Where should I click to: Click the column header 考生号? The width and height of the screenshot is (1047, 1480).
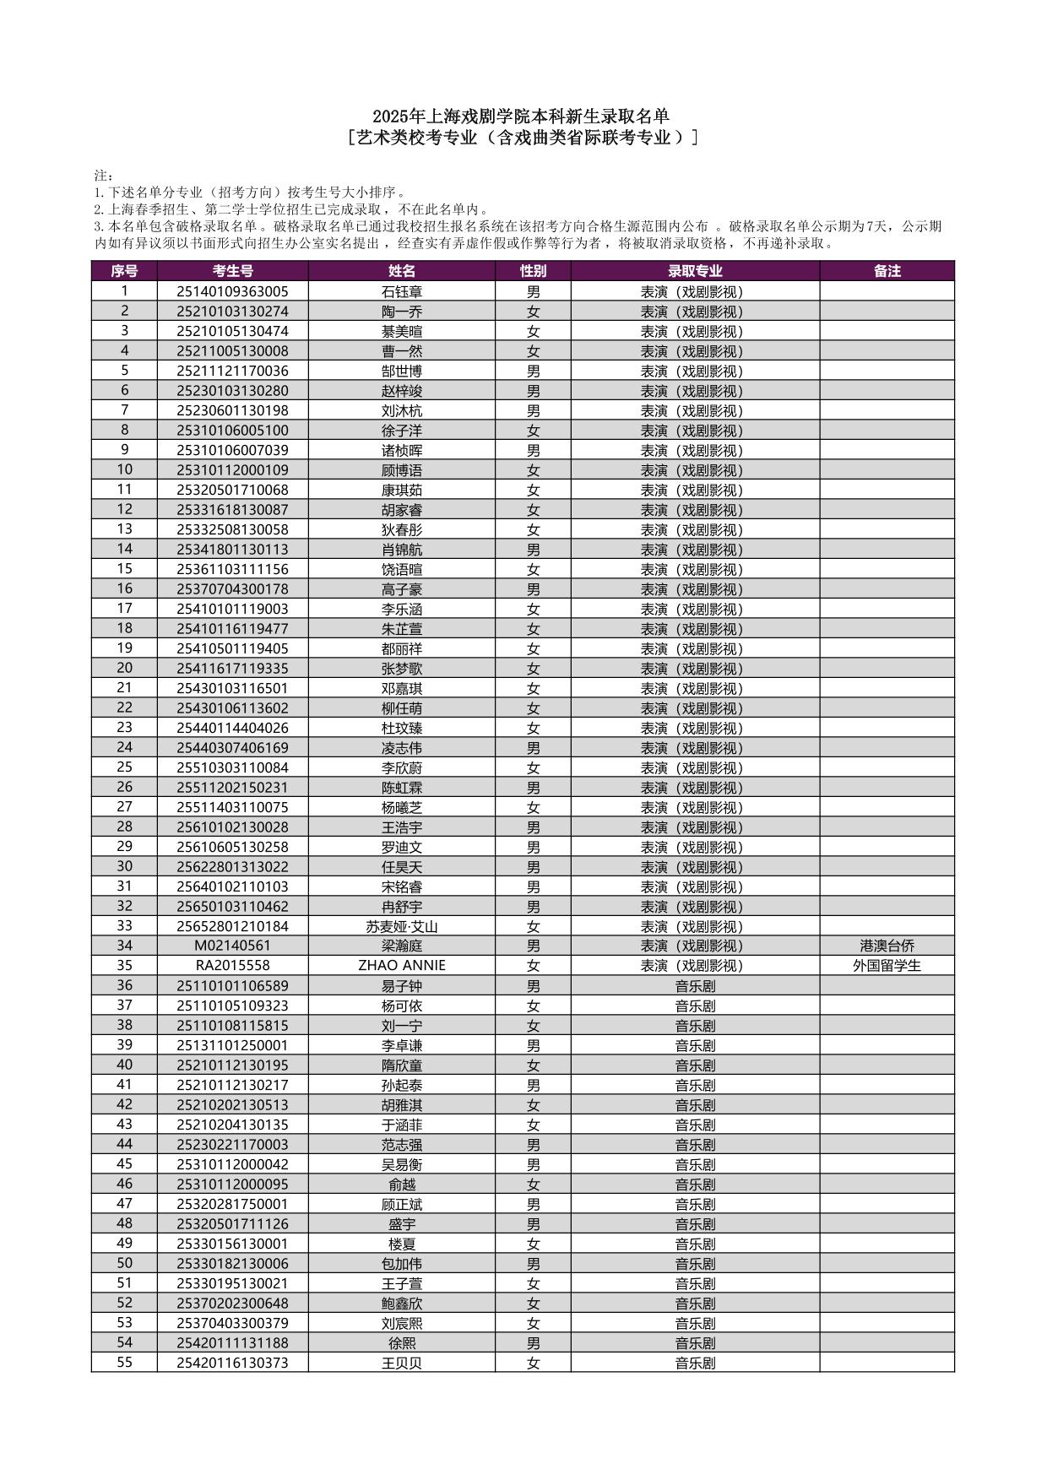pyautogui.click(x=232, y=270)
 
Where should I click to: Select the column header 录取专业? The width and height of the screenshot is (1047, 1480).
pyautogui.click(x=695, y=270)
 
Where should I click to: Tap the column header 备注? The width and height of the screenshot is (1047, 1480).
pyautogui.click(x=887, y=270)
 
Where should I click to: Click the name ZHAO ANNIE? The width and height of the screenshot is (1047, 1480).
pyautogui.click(x=402, y=965)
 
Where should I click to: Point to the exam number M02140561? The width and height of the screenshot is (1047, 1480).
pyautogui.click(x=232, y=946)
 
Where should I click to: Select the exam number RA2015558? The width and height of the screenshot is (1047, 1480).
pyautogui.click(x=232, y=965)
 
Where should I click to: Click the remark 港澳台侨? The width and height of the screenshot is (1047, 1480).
pyautogui.click(x=887, y=946)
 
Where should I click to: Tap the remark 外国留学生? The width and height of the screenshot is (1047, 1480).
pyautogui.click(x=887, y=965)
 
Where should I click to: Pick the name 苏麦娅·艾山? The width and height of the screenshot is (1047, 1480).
pyautogui.click(x=402, y=926)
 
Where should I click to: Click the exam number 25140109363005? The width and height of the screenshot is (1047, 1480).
pyautogui.click(x=232, y=291)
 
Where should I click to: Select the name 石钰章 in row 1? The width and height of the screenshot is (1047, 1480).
pyautogui.click(x=402, y=291)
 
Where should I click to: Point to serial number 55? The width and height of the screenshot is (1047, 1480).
pyautogui.click(x=124, y=1363)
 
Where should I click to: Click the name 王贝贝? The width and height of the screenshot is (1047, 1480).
pyautogui.click(x=402, y=1363)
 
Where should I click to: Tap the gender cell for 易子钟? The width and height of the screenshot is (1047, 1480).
pyautogui.click(x=533, y=985)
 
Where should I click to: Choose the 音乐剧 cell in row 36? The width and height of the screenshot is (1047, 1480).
pyautogui.click(x=695, y=985)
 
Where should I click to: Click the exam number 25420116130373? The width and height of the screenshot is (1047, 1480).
pyautogui.click(x=232, y=1363)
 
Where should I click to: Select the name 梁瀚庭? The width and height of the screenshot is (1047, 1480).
pyautogui.click(x=402, y=946)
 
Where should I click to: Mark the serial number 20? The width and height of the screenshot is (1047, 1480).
pyautogui.click(x=124, y=668)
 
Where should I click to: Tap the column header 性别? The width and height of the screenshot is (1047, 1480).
pyautogui.click(x=533, y=270)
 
